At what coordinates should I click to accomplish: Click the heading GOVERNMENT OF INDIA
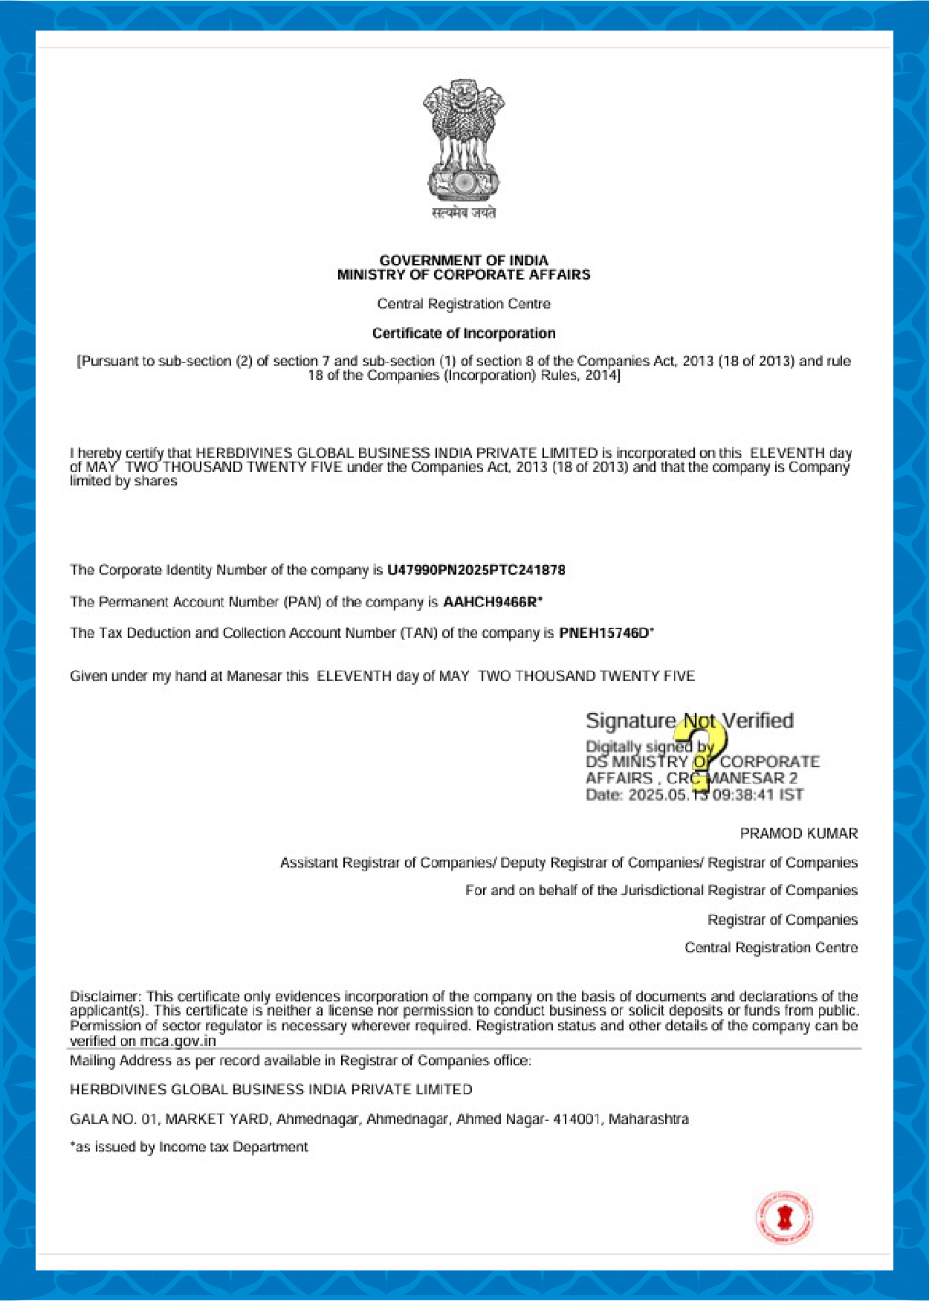(464, 260)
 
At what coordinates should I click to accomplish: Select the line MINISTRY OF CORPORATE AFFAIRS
(464, 275)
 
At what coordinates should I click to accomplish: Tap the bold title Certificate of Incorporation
(464, 333)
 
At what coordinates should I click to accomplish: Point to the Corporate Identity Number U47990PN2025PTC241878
(476, 570)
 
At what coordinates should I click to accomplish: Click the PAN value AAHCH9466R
(490, 602)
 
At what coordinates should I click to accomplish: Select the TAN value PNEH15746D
(603, 633)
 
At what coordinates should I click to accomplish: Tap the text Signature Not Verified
(689, 720)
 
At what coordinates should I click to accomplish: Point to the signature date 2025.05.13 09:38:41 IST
(715, 795)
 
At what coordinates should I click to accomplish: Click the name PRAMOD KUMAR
(798, 833)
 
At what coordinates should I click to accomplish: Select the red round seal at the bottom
(784, 1218)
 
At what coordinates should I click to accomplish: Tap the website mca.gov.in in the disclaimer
(178, 1041)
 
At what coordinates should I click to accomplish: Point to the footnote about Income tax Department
(189, 1147)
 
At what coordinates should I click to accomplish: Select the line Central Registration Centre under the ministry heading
(464, 304)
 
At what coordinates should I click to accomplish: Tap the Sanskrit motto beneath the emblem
(464, 213)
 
